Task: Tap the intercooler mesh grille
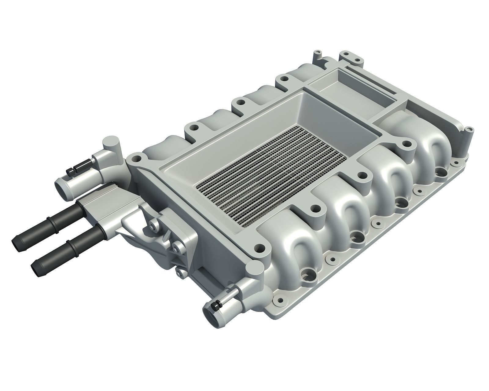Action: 269,171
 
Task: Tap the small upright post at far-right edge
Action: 466,133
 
